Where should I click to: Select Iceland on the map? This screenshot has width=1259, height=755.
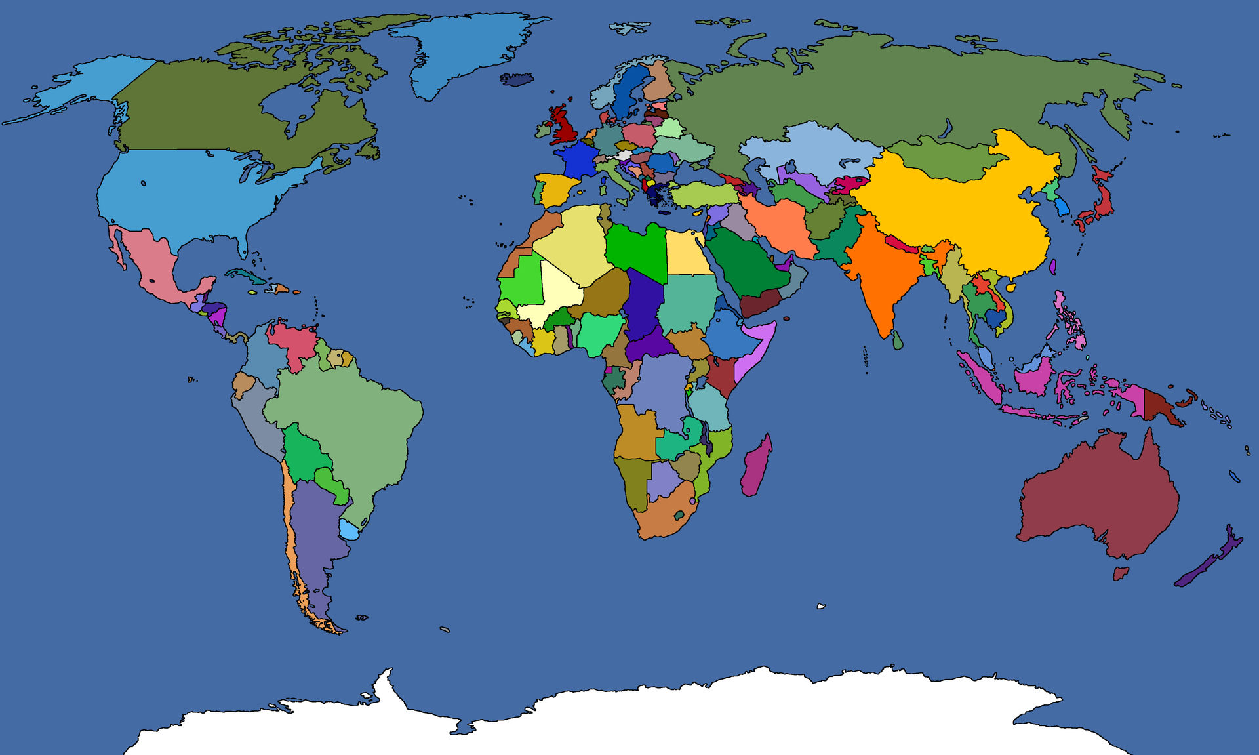point(517,79)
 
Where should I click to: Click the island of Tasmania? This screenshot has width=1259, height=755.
point(1121,573)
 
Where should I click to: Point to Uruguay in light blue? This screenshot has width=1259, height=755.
point(350,529)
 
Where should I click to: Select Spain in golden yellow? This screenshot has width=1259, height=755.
point(557,190)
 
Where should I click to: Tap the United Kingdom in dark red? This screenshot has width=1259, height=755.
point(563,128)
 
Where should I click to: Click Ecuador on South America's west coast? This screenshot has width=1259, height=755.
point(243,384)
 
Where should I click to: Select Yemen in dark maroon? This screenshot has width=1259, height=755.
point(761,304)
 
